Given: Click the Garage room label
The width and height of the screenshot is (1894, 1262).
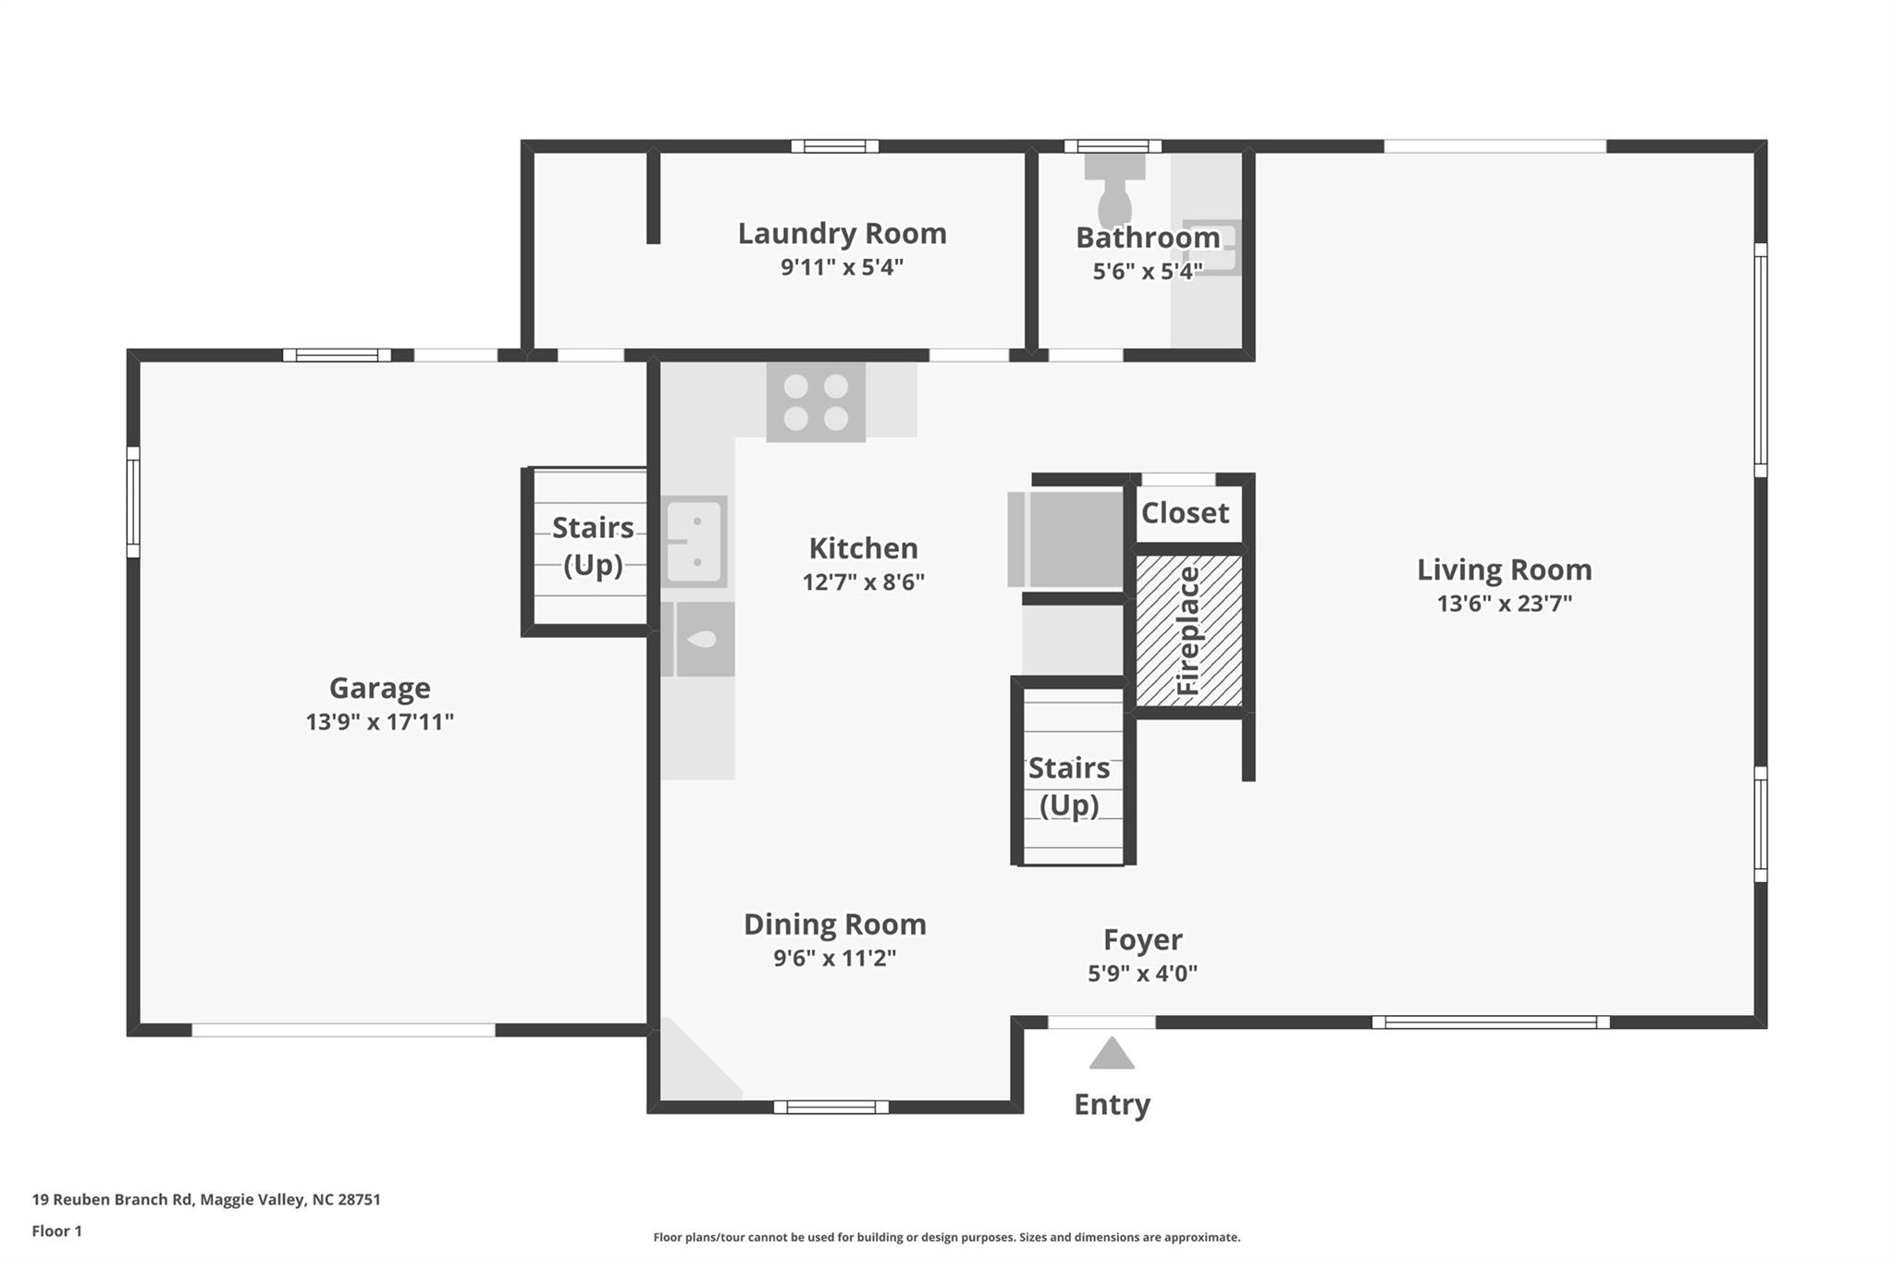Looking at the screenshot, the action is (x=380, y=688).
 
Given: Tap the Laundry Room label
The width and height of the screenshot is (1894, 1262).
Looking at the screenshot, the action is (x=842, y=233).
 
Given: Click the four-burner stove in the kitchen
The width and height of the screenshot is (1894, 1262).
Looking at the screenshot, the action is (x=816, y=401).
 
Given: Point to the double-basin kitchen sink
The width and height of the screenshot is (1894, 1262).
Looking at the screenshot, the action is (x=695, y=542).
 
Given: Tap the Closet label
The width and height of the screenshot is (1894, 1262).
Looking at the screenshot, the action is (x=1185, y=512).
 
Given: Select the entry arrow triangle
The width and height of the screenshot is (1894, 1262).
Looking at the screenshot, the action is (x=1112, y=1053).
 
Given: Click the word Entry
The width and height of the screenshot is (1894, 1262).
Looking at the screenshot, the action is (x=1112, y=1105).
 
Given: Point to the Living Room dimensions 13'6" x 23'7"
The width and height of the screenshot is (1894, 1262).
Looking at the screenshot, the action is (x=1505, y=604).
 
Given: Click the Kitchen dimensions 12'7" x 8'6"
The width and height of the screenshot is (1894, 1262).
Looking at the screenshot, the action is (x=864, y=582).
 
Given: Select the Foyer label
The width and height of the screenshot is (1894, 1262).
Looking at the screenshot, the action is (x=1143, y=939).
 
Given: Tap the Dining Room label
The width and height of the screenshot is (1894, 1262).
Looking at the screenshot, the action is (x=835, y=925).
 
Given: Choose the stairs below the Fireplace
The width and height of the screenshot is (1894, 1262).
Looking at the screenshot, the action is (x=1073, y=774).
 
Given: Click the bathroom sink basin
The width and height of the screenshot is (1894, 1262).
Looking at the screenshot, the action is (x=1210, y=248).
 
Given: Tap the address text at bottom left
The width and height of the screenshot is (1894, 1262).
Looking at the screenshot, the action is (x=206, y=1200).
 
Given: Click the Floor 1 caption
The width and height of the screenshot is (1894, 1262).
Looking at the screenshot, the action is (x=57, y=1231).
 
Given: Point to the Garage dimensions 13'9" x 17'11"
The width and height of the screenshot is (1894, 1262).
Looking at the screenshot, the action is (x=380, y=722).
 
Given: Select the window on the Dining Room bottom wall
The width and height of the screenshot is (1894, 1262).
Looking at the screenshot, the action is (x=831, y=1107).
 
